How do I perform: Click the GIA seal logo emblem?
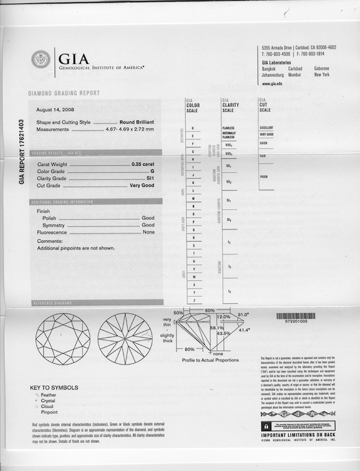[x=40, y=60]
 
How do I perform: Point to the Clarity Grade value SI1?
[x=150, y=178]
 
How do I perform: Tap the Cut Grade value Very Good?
[x=142, y=186]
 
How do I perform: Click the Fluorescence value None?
[x=149, y=232]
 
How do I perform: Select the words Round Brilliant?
[x=137, y=122]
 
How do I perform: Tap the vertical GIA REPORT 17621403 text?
[x=22, y=152]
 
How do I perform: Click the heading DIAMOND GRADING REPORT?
[x=64, y=93]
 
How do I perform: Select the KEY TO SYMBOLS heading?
[x=54, y=388]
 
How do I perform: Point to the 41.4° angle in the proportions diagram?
[x=244, y=330]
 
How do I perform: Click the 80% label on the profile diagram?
[x=189, y=349]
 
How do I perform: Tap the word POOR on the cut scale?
[x=264, y=177]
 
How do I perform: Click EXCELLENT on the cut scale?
[x=267, y=128]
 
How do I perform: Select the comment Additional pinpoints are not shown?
[x=76, y=248]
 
